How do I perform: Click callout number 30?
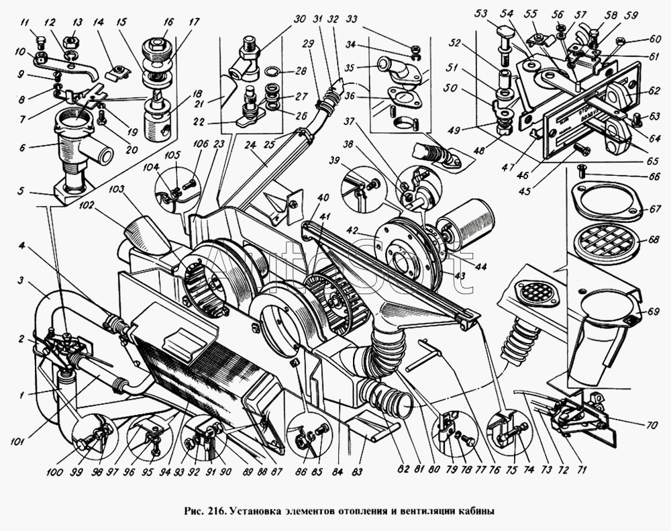pos(293,19)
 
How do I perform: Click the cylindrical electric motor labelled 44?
pos(468,221)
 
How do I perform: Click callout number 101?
pos(17,442)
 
